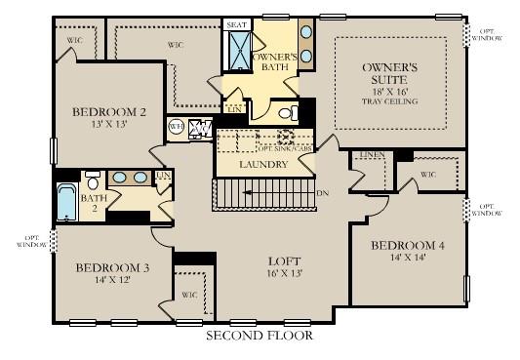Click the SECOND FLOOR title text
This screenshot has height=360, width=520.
point(259,337)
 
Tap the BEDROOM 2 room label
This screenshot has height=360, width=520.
point(109,112)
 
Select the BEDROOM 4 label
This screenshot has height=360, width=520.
point(407,246)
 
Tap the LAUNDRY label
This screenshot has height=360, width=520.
point(263,165)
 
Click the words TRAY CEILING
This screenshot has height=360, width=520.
point(389,100)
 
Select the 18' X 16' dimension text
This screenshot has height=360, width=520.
point(389,90)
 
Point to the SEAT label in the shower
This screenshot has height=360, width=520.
point(237,24)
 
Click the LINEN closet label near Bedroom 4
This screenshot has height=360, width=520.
point(371,156)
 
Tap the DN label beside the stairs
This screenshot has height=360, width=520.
point(323,193)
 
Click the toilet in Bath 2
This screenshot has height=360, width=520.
point(93,180)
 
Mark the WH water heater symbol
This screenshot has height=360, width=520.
point(177,126)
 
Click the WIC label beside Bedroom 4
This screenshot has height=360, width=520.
point(427,177)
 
